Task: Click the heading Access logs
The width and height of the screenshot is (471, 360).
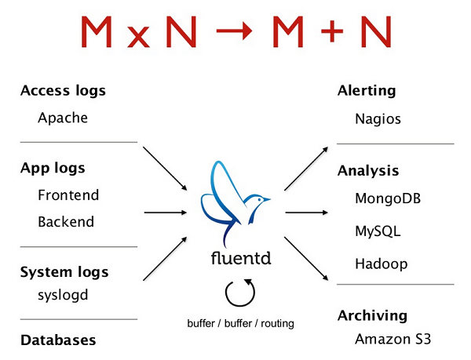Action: point(63,91)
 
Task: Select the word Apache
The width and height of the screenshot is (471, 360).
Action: point(63,118)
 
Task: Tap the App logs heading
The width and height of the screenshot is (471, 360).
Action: point(53,168)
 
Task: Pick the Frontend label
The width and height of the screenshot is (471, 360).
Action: point(68,195)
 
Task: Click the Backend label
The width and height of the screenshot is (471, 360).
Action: point(66,222)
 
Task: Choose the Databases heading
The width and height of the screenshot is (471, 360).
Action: point(58,340)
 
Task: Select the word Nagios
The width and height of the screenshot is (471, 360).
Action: point(378,120)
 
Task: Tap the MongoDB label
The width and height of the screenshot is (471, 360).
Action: point(388,198)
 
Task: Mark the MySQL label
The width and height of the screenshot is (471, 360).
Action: point(377,231)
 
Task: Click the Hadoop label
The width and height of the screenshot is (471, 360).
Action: point(382,264)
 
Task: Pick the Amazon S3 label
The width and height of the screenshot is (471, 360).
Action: point(392,340)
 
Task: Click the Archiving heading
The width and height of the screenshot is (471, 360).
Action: point(372,316)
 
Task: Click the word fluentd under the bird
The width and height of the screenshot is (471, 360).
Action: point(235,258)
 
